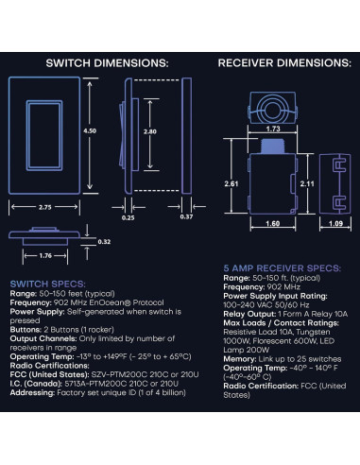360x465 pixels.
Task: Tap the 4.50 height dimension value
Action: coord(91,130)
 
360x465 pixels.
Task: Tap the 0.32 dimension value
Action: coord(104,240)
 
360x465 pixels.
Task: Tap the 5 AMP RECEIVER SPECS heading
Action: coord(278,267)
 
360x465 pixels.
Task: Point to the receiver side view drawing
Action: coord(337,181)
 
